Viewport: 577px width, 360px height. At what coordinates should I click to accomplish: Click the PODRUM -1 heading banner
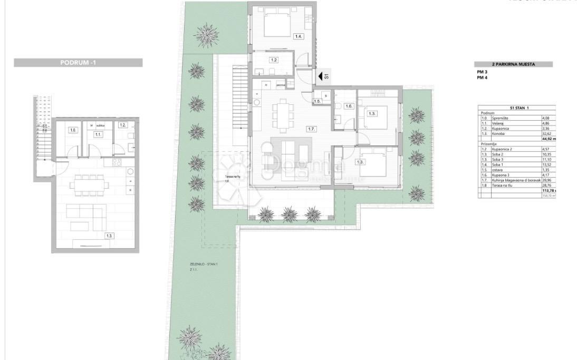click(x=78, y=63)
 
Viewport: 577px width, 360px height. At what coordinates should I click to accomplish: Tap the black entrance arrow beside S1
click(x=320, y=76)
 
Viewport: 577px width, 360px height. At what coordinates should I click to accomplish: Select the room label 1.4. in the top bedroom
click(x=299, y=36)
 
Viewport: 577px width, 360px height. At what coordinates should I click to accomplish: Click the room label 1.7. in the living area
click(x=312, y=128)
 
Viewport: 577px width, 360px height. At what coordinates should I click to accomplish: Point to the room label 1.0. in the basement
click(x=74, y=130)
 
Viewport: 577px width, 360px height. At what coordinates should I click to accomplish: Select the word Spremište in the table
click(x=499, y=118)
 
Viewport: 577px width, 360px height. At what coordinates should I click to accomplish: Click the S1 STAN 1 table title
click(x=520, y=108)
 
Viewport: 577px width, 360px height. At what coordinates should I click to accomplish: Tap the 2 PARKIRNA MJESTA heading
click(x=513, y=64)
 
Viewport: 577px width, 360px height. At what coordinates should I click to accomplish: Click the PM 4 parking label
click(x=482, y=77)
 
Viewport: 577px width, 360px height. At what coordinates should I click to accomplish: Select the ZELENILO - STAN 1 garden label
click(x=203, y=264)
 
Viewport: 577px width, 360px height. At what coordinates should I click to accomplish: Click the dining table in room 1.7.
click(x=281, y=115)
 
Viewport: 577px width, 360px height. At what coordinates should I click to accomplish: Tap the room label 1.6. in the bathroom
click(x=348, y=106)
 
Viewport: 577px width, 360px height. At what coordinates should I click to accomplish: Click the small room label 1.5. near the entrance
click(x=317, y=101)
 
